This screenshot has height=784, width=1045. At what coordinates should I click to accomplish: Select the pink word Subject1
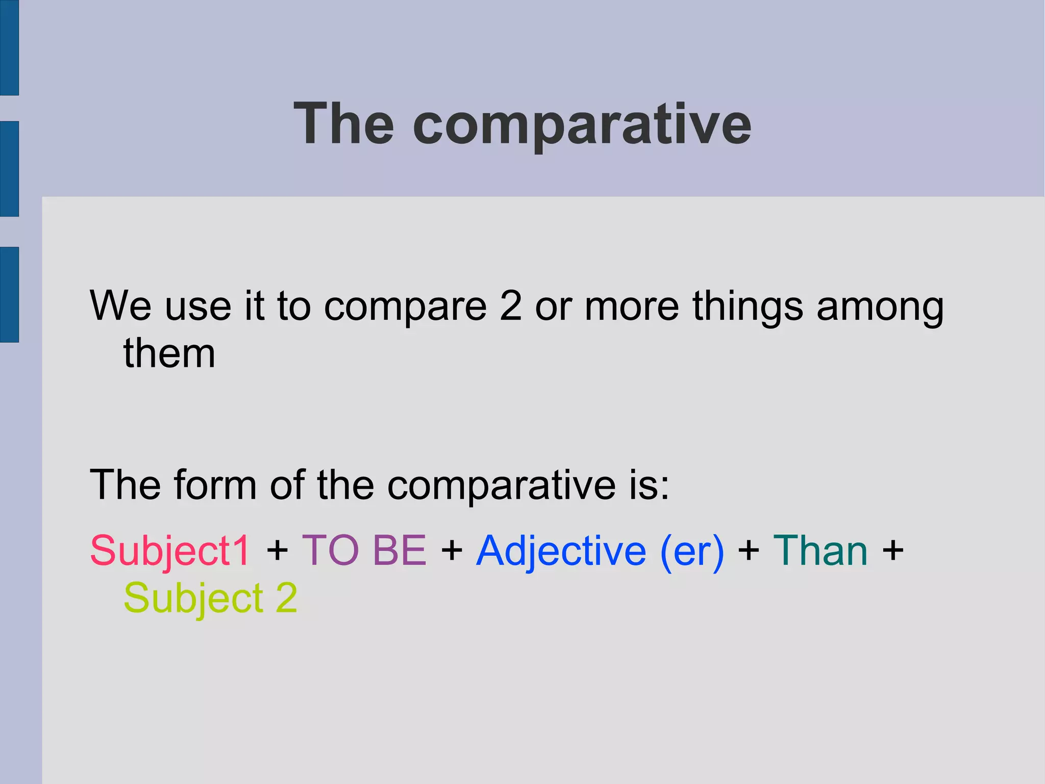[x=170, y=551]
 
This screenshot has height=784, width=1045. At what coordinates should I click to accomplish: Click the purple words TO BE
[x=364, y=551]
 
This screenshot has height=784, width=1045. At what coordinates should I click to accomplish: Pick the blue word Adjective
[x=561, y=552]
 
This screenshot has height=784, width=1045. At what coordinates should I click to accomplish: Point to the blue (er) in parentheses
[x=692, y=552]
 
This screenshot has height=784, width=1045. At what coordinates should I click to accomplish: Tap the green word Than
[x=820, y=551]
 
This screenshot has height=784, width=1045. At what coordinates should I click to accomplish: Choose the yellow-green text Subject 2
[x=210, y=599]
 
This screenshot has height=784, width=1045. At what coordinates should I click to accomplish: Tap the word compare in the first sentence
[x=405, y=307]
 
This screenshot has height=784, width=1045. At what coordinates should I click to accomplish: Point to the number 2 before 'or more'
[x=511, y=306]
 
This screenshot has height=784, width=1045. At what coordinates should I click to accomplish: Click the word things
[x=748, y=307]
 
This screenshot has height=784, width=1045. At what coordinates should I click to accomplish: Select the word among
[x=880, y=307]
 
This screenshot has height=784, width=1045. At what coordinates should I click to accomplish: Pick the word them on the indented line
[x=169, y=353]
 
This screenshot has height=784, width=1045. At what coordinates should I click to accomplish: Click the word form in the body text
[x=215, y=485]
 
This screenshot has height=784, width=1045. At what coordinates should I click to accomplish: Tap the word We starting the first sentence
[x=120, y=306]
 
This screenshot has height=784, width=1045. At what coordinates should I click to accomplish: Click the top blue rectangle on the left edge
[x=9, y=47]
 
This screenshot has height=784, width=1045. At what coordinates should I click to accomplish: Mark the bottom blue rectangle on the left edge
[x=9, y=294]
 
